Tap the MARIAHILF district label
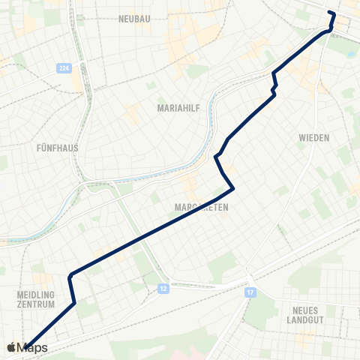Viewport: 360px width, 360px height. pos(178,108)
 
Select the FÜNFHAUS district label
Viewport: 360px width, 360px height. pos(58,148)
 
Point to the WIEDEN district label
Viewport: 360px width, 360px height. pos(314,138)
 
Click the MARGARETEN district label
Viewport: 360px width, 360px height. pos(201,206)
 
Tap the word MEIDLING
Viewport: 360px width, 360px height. pos(36,295)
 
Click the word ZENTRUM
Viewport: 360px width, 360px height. pos(36,305)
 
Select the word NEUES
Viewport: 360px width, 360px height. pos(299,309)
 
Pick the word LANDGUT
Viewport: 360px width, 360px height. pos(299,319)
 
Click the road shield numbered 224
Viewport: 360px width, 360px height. pos(64,68)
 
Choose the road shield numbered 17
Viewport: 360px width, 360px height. pos(249,292)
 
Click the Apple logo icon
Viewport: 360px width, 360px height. pos(11,347)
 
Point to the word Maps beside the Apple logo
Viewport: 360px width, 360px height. pos(33,348)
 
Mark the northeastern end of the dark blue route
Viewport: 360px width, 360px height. pos(330,12)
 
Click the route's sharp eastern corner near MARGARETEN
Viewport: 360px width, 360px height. pos(235,187)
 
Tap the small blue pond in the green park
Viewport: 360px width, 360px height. pos(352,55)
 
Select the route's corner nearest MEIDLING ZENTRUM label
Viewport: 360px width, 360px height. pos(74,303)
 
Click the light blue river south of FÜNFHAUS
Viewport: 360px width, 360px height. pos(45,225)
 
